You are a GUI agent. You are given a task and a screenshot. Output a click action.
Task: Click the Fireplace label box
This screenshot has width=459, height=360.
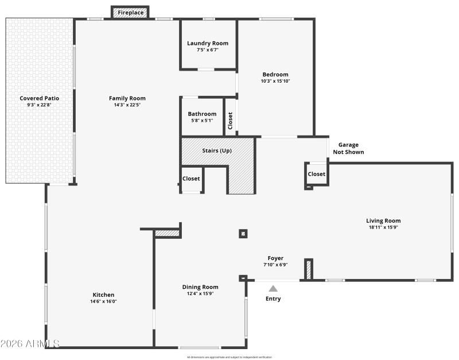pyautogui.click(x=131, y=12)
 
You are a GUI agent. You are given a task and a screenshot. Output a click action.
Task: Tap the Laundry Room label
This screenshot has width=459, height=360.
pyautogui.click(x=208, y=43)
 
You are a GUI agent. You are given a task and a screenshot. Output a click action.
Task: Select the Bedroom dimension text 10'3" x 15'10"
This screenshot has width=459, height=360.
pyautogui.click(x=275, y=81)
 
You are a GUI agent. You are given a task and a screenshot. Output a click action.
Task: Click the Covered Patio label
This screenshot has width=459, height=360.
pyautogui.click(x=39, y=98)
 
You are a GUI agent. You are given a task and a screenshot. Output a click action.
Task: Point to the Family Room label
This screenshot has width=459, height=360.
pyautogui.click(x=127, y=98)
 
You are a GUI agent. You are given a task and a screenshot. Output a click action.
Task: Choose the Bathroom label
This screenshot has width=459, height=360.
pyautogui.click(x=202, y=114)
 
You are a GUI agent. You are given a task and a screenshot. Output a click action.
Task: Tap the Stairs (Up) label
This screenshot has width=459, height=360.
pyautogui.click(x=217, y=150)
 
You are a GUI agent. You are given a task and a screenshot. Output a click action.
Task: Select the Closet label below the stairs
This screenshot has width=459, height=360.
pyautogui.click(x=191, y=179)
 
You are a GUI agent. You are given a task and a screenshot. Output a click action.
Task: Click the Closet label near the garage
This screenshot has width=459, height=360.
pyautogui.click(x=316, y=174)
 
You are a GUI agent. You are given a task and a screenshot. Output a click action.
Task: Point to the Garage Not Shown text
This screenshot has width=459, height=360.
pyautogui.click(x=348, y=149)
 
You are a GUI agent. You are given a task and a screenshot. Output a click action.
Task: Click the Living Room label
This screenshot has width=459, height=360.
pyautogui.click(x=383, y=220)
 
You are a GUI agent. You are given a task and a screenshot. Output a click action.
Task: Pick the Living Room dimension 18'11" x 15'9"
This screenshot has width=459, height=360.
pyautogui.click(x=383, y=227)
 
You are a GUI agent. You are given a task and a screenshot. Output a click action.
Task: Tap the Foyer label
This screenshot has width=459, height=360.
pyautogui.click(x=275, y=258)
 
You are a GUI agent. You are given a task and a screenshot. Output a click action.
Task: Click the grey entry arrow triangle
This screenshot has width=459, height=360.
pyautogui.click(x=274, y=289)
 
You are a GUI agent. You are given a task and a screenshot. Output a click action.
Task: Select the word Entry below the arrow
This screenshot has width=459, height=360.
pyautogui.click(x=273, y=299)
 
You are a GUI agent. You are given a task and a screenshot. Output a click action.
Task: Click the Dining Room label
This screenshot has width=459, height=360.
pyautogui.click(x=200, y=287)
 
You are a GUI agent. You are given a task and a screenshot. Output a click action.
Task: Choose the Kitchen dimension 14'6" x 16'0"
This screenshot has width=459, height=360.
pyautogui.click(x=103, y=301)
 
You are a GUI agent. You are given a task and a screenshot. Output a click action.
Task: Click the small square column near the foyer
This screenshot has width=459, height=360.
pyautogui.click(x=243, y=233)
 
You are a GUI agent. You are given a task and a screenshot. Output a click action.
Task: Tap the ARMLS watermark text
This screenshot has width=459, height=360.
pyautogui.click(x=30, y=343)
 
